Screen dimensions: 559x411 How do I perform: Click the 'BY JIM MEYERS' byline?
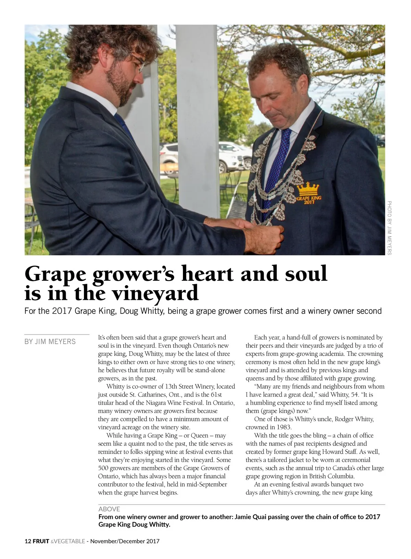coord(50,342)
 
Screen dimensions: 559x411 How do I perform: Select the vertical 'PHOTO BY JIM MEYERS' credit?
coord(389,228)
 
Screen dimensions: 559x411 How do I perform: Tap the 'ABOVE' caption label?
coord(109,509)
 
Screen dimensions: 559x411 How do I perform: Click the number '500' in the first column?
coord(103,468)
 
